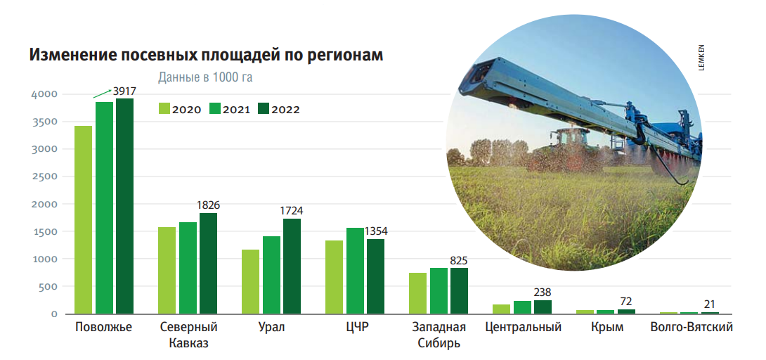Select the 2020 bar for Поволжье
pos(84,219)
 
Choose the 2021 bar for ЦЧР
pos(355,271)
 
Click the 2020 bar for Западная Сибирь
pos(417,293)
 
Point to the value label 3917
pos(124,91)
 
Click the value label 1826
pos(208,205)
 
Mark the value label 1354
pos(375,231)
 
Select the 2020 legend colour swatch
pos(164,109)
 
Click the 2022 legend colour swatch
pos(264,109)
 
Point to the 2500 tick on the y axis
pos(44,176)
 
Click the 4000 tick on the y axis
pos(44,94)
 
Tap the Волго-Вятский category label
pos(692,328)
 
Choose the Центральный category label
pos(524,328)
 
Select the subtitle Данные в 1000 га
pos(205,77)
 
